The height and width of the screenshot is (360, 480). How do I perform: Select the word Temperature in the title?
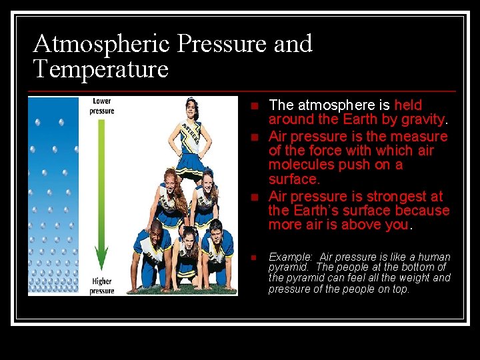click(101, 69)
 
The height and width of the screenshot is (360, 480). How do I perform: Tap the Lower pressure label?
click(102, 105)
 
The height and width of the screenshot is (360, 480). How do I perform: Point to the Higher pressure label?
click(102, 286)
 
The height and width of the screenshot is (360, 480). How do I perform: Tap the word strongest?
click(389, 196)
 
